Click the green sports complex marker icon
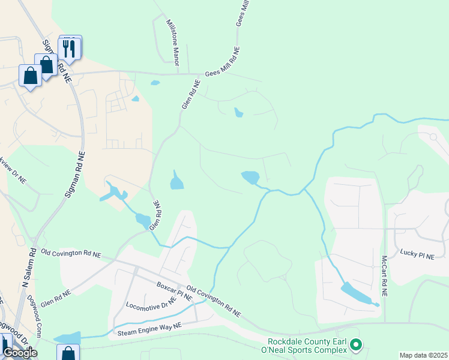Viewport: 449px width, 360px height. [x=355, y=344]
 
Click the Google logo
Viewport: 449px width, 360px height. [x=20, y=353]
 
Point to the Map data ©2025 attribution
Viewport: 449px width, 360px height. [x=424, y=355]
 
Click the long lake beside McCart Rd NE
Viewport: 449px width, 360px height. [x=357, y=293]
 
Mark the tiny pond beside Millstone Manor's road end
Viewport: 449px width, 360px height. [x=155, y=82]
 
